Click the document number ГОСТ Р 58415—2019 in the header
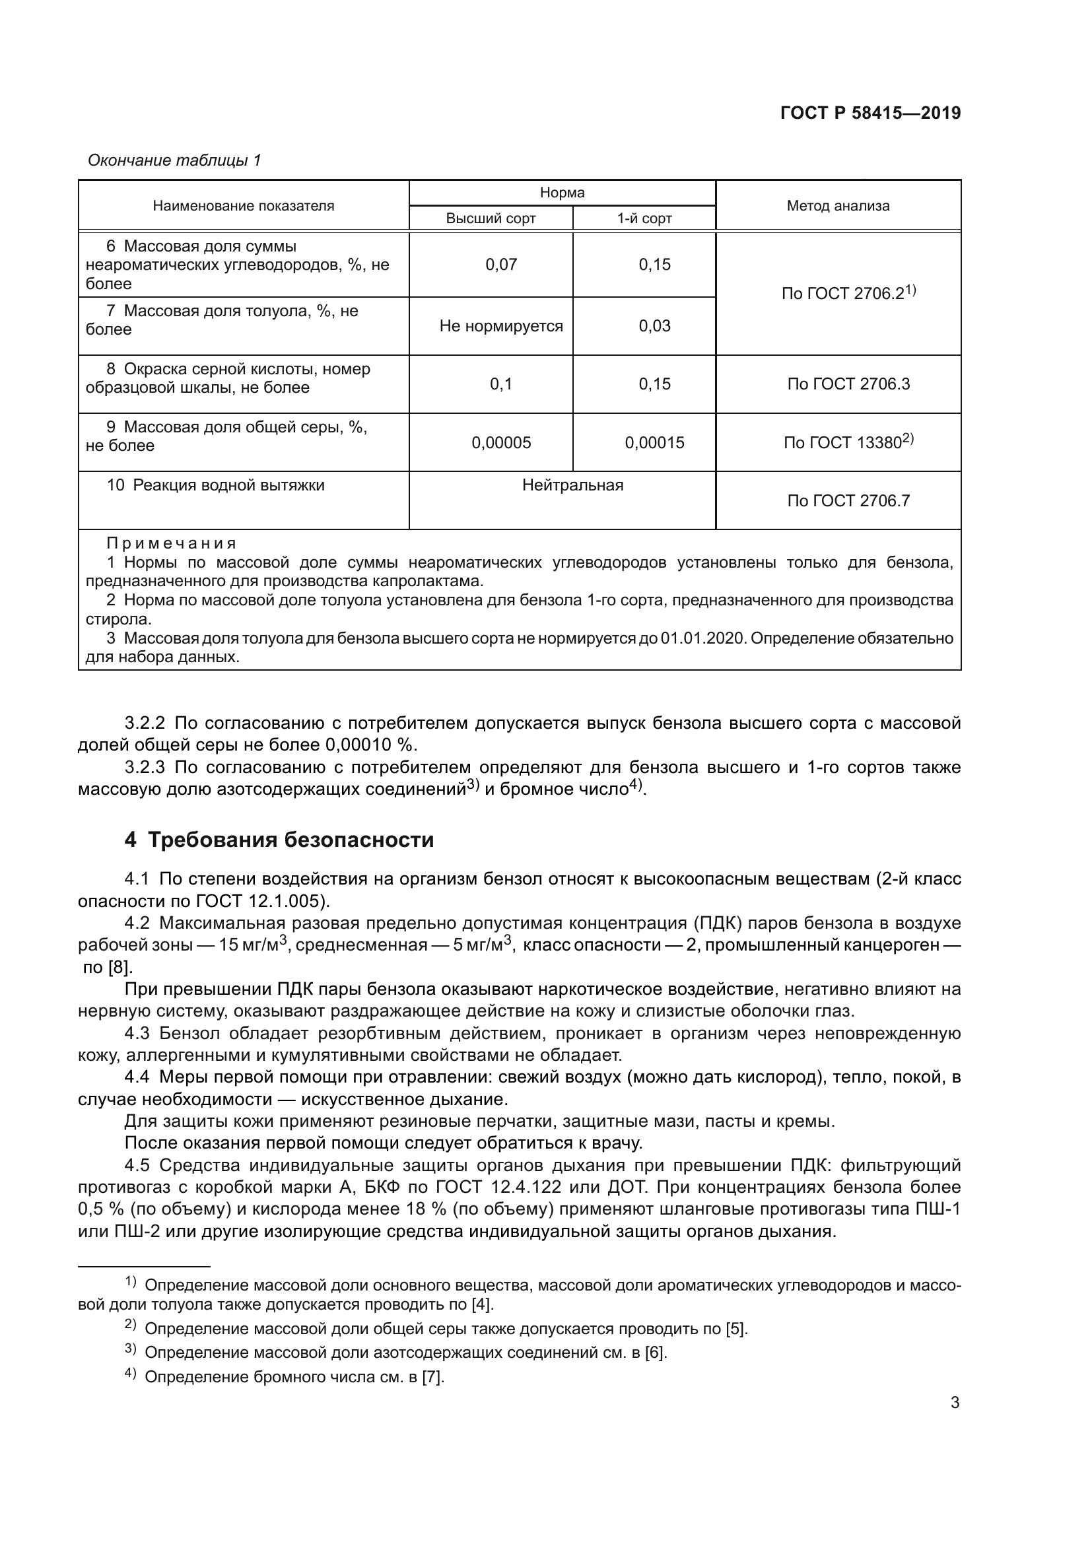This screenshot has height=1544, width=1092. coord(870,113)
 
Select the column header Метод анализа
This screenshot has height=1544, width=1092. coord(837,206)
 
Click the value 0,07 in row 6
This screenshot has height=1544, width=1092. coord(501,264)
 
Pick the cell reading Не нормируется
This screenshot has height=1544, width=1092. coord(501,326)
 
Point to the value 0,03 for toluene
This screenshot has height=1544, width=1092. coord(654,326)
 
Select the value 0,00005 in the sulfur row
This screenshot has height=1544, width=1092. coord(501,442)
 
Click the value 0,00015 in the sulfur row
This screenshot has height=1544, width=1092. coord(654,442)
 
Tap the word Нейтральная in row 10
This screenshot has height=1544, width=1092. coord(572,485)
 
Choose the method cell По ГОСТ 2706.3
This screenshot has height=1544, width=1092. coord(848,384)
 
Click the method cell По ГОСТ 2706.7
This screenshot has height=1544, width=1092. coord(848,500)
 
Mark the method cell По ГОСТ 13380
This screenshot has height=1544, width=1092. coord(848,442)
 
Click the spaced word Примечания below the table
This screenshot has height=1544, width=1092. coord(172,543)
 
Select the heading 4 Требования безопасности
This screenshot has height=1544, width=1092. coord(279,840)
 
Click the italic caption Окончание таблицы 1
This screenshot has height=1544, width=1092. coord(175,160)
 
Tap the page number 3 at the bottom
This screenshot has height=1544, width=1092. coord(955,1403)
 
